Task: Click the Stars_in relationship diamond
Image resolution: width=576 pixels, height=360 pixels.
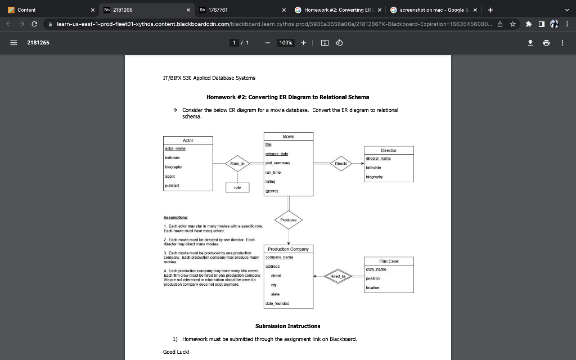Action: [236, 163]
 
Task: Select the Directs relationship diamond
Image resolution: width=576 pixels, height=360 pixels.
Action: [341, 163]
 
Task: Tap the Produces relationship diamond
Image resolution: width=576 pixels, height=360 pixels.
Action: [289, 220]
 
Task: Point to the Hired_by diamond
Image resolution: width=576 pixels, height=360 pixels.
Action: [339, 276]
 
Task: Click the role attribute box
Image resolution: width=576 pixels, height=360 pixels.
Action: [237, 187]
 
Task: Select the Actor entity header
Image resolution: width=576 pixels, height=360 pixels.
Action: [188, 140]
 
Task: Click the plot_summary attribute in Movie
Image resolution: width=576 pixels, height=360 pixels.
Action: [276, 163]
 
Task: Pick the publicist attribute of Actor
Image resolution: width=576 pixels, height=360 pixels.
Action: [172, 185]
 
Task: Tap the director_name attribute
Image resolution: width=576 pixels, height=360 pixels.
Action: [378, 159]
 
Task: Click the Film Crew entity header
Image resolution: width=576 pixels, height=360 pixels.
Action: [389, 261]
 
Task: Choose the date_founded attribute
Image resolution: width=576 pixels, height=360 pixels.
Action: [277, 304]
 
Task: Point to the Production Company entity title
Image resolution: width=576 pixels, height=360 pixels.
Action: [288, 249]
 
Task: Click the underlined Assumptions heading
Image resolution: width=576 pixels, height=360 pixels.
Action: [175, 217]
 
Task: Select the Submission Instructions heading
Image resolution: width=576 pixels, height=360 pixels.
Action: [287, 326]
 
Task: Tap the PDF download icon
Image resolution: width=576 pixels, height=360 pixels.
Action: [530, 42]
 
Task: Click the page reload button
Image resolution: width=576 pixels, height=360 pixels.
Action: [35, 24]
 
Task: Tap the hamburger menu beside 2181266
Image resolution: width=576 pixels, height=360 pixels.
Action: [12, 42]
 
